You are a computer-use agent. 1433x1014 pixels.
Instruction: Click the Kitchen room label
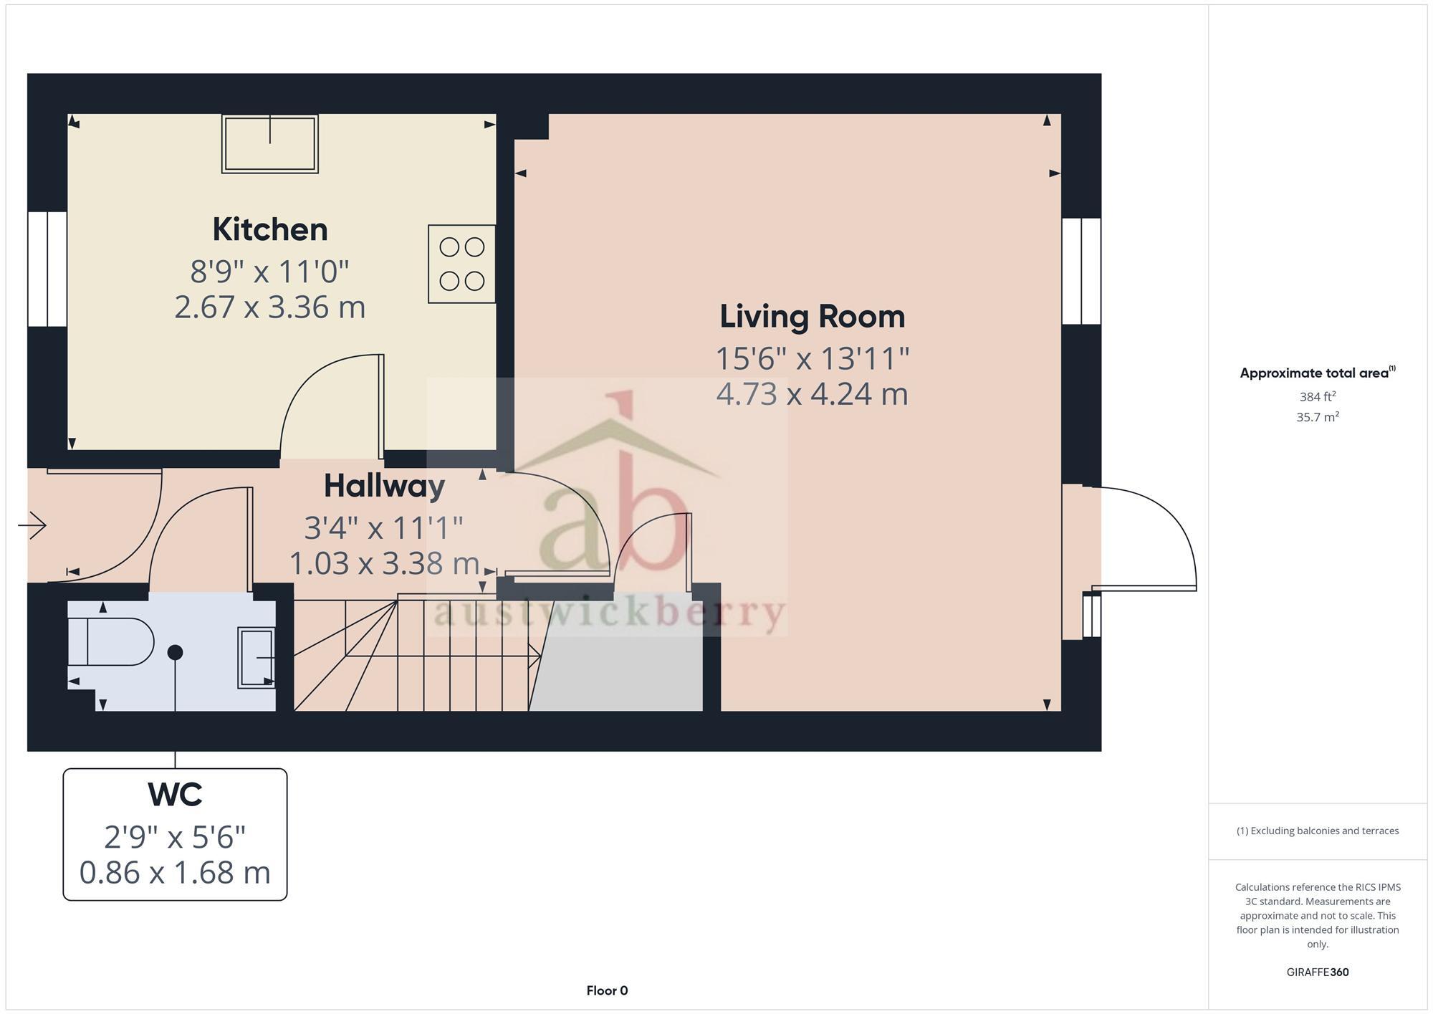click(269, 229)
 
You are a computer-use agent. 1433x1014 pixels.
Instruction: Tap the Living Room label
click(812, 317)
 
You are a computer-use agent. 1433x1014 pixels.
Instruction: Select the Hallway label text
click(384, 486)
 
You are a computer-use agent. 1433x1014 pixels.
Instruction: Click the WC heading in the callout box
click(175, 794)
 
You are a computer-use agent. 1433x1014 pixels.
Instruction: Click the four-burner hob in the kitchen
click(461, 264)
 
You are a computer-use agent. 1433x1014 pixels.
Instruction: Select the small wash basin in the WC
click(256, 658)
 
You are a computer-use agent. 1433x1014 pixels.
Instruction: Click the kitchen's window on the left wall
click(47, 269)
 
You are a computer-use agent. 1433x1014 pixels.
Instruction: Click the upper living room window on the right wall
click(1080, 271)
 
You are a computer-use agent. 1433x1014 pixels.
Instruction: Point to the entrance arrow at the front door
click(32, 525)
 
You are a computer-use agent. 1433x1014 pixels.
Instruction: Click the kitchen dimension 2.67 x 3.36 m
click(269, 307)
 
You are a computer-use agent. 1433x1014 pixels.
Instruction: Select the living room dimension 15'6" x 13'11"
click(812, 358)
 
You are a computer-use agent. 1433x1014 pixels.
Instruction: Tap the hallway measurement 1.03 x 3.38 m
click(384, 563)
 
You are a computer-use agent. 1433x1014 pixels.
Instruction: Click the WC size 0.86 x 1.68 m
click(175, 872)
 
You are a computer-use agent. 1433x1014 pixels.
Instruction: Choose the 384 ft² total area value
click(1317, 396)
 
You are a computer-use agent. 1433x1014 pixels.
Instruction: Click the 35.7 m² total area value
click(1317, 417)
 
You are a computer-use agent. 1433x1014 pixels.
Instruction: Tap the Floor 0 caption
click(607, 990)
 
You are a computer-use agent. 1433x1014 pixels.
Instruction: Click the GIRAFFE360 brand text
click(1317, 972)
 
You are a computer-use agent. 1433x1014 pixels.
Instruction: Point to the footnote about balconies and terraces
click(1317, 831)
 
